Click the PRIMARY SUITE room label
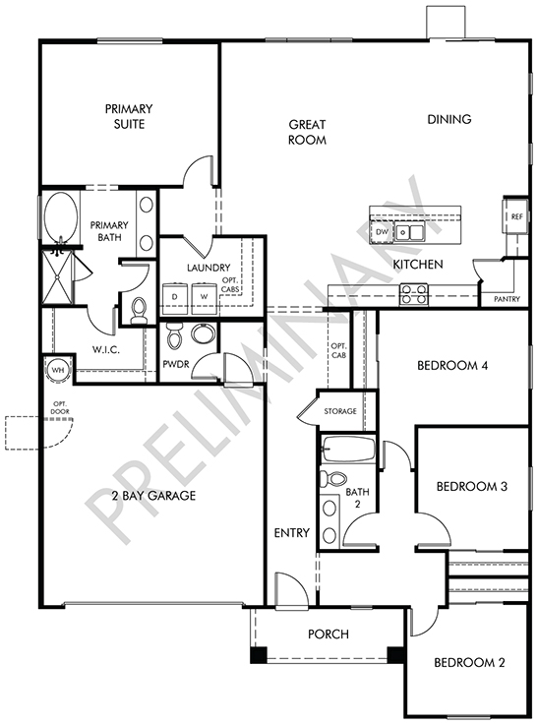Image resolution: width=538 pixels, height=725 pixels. pyautogui.click(x=129, y=116)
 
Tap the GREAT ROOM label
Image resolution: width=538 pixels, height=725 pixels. pyautogui.click(x=308, y=132)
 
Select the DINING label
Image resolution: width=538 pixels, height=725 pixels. pyautogui.click(x=449, y=119)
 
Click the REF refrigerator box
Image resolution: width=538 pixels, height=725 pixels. pyautogui.click(x=515, y=216)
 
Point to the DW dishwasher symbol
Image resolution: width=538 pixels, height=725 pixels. pyautogui.click(x=382, y=232)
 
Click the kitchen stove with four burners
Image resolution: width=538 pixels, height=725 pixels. pyautogui.click(x=414, y=294)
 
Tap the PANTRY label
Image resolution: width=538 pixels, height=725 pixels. pyautogui.click(x=508, y=299)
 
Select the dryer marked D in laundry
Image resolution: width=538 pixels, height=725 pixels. pyautogui.click(x=175, y=297)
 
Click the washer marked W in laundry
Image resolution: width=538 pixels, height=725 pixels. pyautogui.click(x=205, y=297)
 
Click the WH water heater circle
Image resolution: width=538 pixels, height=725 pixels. pyautogui.click(x=58, y=370)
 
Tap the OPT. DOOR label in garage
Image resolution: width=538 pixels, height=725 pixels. pyautogui.click(x=60, y=408)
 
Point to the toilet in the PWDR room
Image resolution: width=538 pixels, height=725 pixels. pyautogui.click(x=175, y=335)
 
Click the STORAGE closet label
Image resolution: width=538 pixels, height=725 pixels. pyautogui.click(x=340, y=411)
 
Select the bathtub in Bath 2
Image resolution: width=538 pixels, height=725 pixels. pyautogui.click(x=348, y=449)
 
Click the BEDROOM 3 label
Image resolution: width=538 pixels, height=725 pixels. pyautogui.click(x=472, y=486)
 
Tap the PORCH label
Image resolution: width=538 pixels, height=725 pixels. pyautogui.click(x=329, y=634)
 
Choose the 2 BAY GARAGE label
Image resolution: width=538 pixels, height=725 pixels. pyautogui.click(x=153, y=496)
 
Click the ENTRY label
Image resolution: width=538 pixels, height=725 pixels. pyautogui.click(x=292, y=533)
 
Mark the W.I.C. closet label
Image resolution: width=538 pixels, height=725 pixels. pyautogui.click(x=106, y=350)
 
